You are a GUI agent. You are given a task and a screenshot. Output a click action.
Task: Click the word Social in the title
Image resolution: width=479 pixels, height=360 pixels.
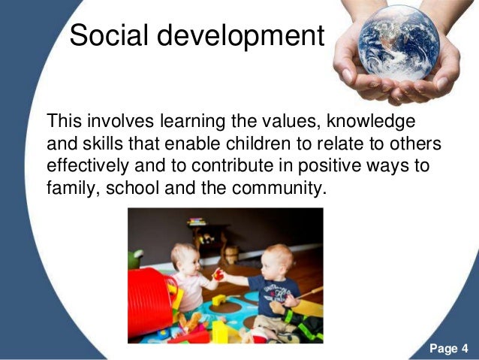click(110, 35)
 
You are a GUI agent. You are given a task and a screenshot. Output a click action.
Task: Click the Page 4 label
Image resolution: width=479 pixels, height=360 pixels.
click(449, 348)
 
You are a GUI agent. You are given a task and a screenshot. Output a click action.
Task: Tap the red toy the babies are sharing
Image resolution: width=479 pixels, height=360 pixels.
click(218, 274)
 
